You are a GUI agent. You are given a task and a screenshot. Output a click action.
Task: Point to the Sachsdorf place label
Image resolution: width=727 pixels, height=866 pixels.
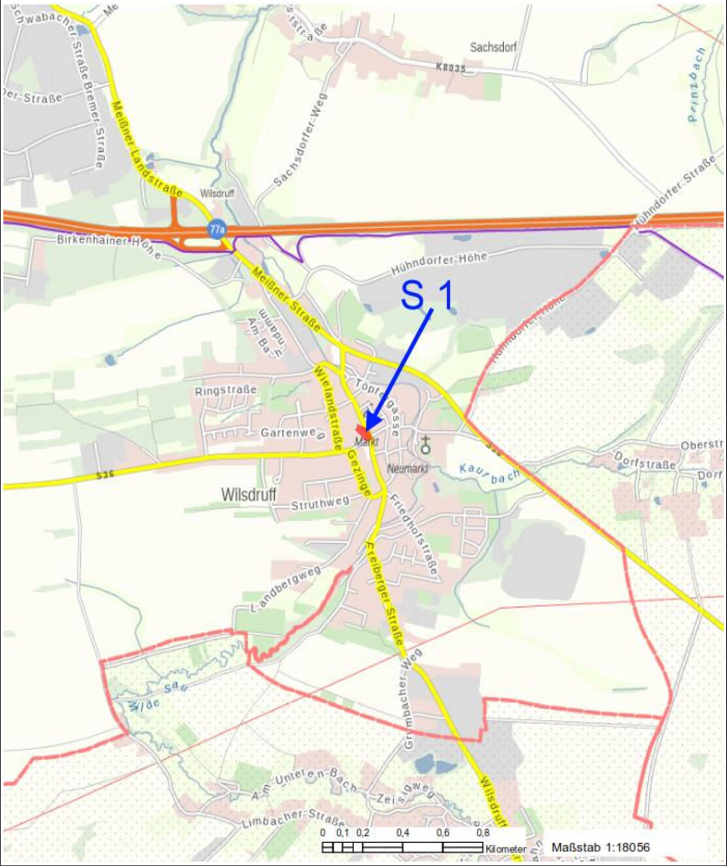coord(493,47)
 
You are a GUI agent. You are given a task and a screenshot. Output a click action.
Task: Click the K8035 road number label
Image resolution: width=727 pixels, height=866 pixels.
coord(451,67)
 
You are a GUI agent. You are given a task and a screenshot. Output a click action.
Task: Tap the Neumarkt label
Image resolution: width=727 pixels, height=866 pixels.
coord(407,468)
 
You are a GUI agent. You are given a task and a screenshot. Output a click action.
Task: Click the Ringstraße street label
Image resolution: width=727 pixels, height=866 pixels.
coord(226,390)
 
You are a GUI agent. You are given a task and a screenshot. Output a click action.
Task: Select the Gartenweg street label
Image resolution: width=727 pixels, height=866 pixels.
coord(292,433)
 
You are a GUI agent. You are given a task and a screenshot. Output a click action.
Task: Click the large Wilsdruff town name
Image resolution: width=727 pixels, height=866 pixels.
coord(249,494)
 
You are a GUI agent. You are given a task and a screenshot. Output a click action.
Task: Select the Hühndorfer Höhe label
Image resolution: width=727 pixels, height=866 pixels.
coord(439,264)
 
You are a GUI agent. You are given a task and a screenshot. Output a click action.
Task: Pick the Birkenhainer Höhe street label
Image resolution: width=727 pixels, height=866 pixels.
coord(109,245)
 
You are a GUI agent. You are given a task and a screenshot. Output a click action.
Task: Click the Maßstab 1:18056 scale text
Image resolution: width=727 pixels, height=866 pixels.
coord(600,847)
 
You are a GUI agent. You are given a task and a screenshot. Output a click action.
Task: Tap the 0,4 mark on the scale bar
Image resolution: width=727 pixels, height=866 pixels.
coord(402,833)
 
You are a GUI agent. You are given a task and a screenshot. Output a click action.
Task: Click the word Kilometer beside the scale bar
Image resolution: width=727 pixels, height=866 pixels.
coord(506,849)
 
